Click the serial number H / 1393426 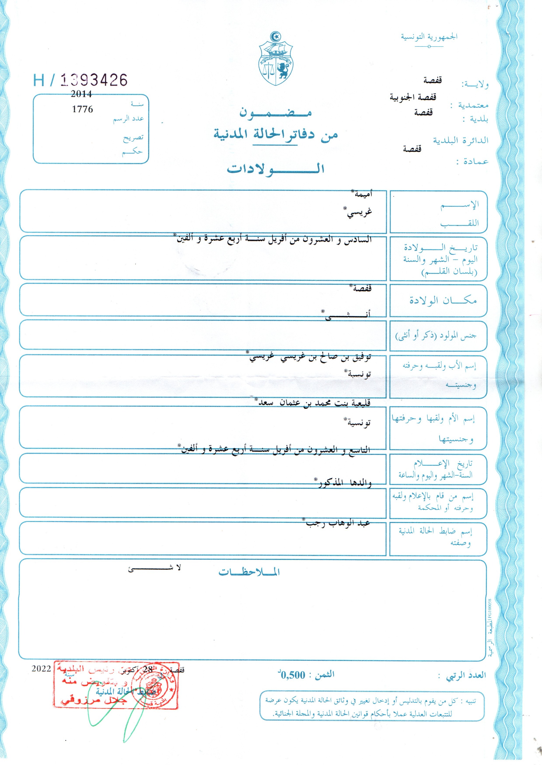(x=80, y=80)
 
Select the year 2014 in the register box (x=81, y=94)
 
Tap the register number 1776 (x=82, y=109)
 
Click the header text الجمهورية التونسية (x=429, y=37)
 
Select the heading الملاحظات (x=249, y=572)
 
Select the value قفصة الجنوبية (x=413, y=97)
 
